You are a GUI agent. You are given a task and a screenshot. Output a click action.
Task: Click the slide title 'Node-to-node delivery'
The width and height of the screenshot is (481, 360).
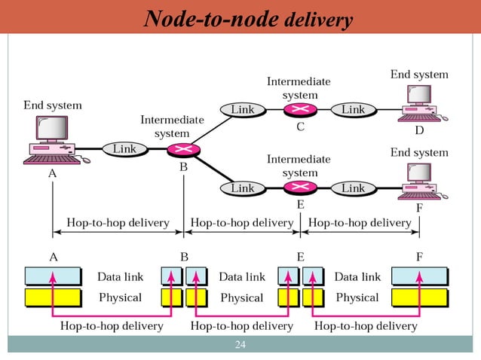coord(248,19)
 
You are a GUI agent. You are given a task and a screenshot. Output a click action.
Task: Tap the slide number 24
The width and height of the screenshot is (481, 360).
coord(240,346)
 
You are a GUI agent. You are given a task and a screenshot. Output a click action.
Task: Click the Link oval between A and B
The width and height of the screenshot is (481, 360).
coord(124,149)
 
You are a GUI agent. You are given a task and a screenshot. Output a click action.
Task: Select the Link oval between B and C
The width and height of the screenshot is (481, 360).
coord(242,110)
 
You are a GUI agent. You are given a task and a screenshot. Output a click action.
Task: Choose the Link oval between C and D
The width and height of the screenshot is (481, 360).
coord(353,110)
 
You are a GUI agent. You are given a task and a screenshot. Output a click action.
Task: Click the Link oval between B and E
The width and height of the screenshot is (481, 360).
coord(242,188)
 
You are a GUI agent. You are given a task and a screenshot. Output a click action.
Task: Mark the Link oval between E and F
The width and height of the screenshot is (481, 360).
coord(353,188)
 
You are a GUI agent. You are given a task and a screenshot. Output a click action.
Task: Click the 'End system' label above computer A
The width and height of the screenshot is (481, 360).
coord(53,105)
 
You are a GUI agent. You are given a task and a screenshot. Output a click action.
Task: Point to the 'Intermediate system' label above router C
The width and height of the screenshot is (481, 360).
coord(299,88)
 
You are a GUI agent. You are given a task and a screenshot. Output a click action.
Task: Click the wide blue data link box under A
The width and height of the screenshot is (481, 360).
coord(52,276)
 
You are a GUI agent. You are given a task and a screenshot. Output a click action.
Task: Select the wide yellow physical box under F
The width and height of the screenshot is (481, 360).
coord(419,297)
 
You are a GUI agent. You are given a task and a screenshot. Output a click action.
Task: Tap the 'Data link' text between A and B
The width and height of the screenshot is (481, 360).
coord(120,277)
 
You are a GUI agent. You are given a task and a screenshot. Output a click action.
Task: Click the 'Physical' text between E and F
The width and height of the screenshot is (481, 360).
coord(357,297)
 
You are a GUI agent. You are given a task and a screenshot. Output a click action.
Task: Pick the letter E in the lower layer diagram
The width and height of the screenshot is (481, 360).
coord(300,257)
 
